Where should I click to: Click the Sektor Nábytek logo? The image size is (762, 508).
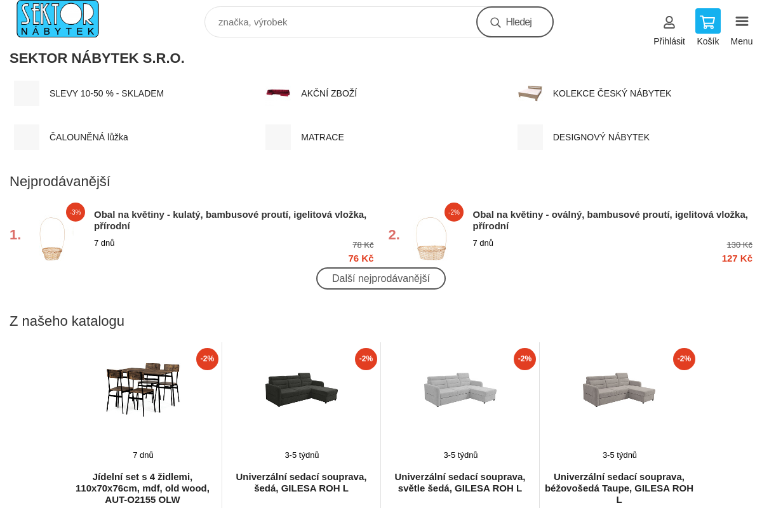58,18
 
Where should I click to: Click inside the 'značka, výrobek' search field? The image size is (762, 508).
340,22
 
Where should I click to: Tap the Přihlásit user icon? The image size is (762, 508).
669,22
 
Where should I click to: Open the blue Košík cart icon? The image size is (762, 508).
707,21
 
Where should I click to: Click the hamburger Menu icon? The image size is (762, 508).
742,22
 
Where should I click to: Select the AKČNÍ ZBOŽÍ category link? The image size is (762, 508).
329,93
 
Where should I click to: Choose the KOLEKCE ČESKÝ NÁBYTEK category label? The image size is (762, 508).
612,93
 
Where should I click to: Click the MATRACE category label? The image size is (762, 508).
322,137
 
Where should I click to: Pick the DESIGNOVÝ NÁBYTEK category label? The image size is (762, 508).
601,137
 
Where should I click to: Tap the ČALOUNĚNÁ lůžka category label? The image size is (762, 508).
88,137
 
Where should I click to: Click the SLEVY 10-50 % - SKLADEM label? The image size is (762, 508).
107,93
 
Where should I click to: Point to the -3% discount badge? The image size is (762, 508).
75,212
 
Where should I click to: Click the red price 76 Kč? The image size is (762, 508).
361,258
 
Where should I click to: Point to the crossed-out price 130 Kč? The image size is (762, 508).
739,245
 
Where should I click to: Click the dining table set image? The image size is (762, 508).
143,389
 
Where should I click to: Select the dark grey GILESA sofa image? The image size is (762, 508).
302,390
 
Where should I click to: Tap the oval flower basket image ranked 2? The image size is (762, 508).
431,239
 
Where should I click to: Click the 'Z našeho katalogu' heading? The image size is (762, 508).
67,321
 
